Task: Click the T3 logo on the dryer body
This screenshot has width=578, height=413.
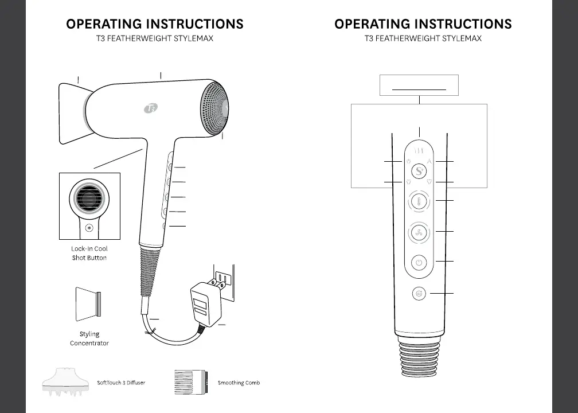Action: [x=151, y=108]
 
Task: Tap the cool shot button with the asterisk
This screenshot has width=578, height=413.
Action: [x=89, y=228]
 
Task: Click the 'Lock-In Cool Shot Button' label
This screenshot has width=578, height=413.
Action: [x=89, y=254]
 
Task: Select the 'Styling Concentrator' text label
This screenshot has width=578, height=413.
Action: [x=89, y=338]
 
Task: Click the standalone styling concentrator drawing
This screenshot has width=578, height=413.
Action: [x=88, y=304]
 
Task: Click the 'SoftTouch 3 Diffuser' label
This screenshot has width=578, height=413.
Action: [x=121, y=383]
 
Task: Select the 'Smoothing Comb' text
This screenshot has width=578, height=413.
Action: [x=239, y=383]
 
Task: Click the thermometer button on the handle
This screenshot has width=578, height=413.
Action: [x=420, y=202]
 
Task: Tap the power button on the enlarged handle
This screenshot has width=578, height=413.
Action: [x=420, y=263]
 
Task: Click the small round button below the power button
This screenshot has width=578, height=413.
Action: [x=420, y=294]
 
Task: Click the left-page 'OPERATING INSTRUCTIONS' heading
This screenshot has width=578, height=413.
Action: [x=155, y=24]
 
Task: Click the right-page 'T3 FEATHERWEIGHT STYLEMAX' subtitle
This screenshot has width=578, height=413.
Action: [x=423, y=39]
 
